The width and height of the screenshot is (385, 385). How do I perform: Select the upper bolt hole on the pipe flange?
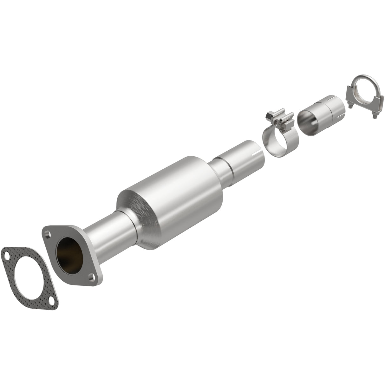tap(48, 235)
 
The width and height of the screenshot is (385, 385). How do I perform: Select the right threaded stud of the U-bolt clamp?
tap(375, 118)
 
